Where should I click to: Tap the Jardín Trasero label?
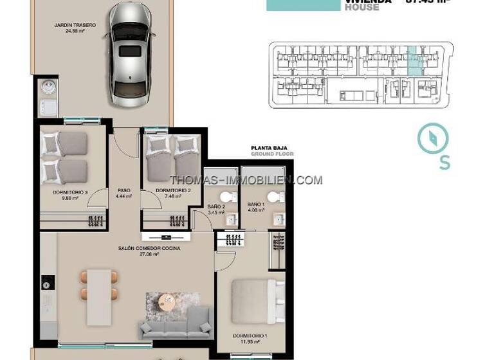click(75, 28)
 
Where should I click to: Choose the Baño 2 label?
click(216, 208)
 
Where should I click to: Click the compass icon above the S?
click(432, 139)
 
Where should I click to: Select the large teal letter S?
click(444, 163)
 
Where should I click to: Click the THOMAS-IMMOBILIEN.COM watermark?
click(246, 180)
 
